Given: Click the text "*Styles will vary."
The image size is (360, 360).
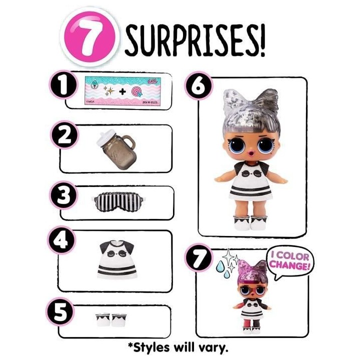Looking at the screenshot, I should pos(180,346).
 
